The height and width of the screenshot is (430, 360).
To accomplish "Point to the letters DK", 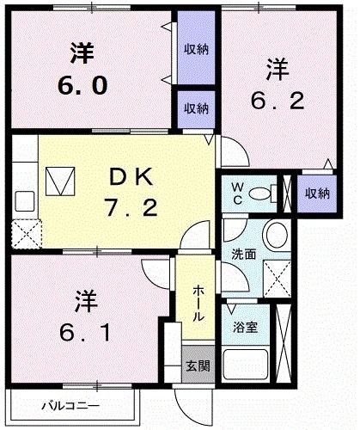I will click(x=130, y=177).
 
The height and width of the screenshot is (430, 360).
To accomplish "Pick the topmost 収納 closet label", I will click(x=196, y=49).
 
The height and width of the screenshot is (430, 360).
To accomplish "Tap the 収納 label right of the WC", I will click(x=316, y=193).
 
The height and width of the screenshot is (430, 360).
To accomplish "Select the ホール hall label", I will click(x=198, y=303).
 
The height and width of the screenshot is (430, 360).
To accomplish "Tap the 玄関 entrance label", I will click(x=197, y=365).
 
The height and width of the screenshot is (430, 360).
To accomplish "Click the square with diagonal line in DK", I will click(x=59, y=180).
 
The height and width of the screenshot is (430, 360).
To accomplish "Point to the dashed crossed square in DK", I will click(x=24, y=233).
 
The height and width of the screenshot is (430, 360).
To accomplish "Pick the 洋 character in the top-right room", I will click(x=276, y=66).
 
